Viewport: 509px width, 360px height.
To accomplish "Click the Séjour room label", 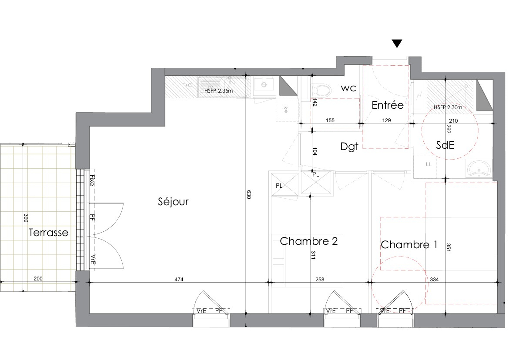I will (x=173, y=202).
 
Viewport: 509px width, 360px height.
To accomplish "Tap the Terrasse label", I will (x=48, y=233).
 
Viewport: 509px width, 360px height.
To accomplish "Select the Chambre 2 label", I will (x=308, y=241).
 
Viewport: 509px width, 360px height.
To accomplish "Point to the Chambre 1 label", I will (x=409, y=245).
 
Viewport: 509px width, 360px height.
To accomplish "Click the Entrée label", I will (x=387, y=105).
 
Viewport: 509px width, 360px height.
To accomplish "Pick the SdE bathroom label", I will (x=445, y=146).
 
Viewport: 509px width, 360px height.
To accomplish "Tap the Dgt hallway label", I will (x=349, y=147).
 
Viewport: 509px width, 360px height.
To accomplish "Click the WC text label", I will (x=349, y=89).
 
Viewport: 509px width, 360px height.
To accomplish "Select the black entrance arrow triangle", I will (x=397, y=43).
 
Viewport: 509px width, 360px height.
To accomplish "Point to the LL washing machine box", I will (x=429, y=164).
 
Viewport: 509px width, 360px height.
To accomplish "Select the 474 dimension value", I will (x=179, y=280).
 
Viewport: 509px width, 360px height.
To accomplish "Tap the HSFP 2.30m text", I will (x=447, y=107).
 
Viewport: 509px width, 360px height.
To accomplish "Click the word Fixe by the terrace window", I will (x=92, y=180).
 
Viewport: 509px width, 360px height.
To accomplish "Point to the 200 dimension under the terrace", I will (x=38, y=279).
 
